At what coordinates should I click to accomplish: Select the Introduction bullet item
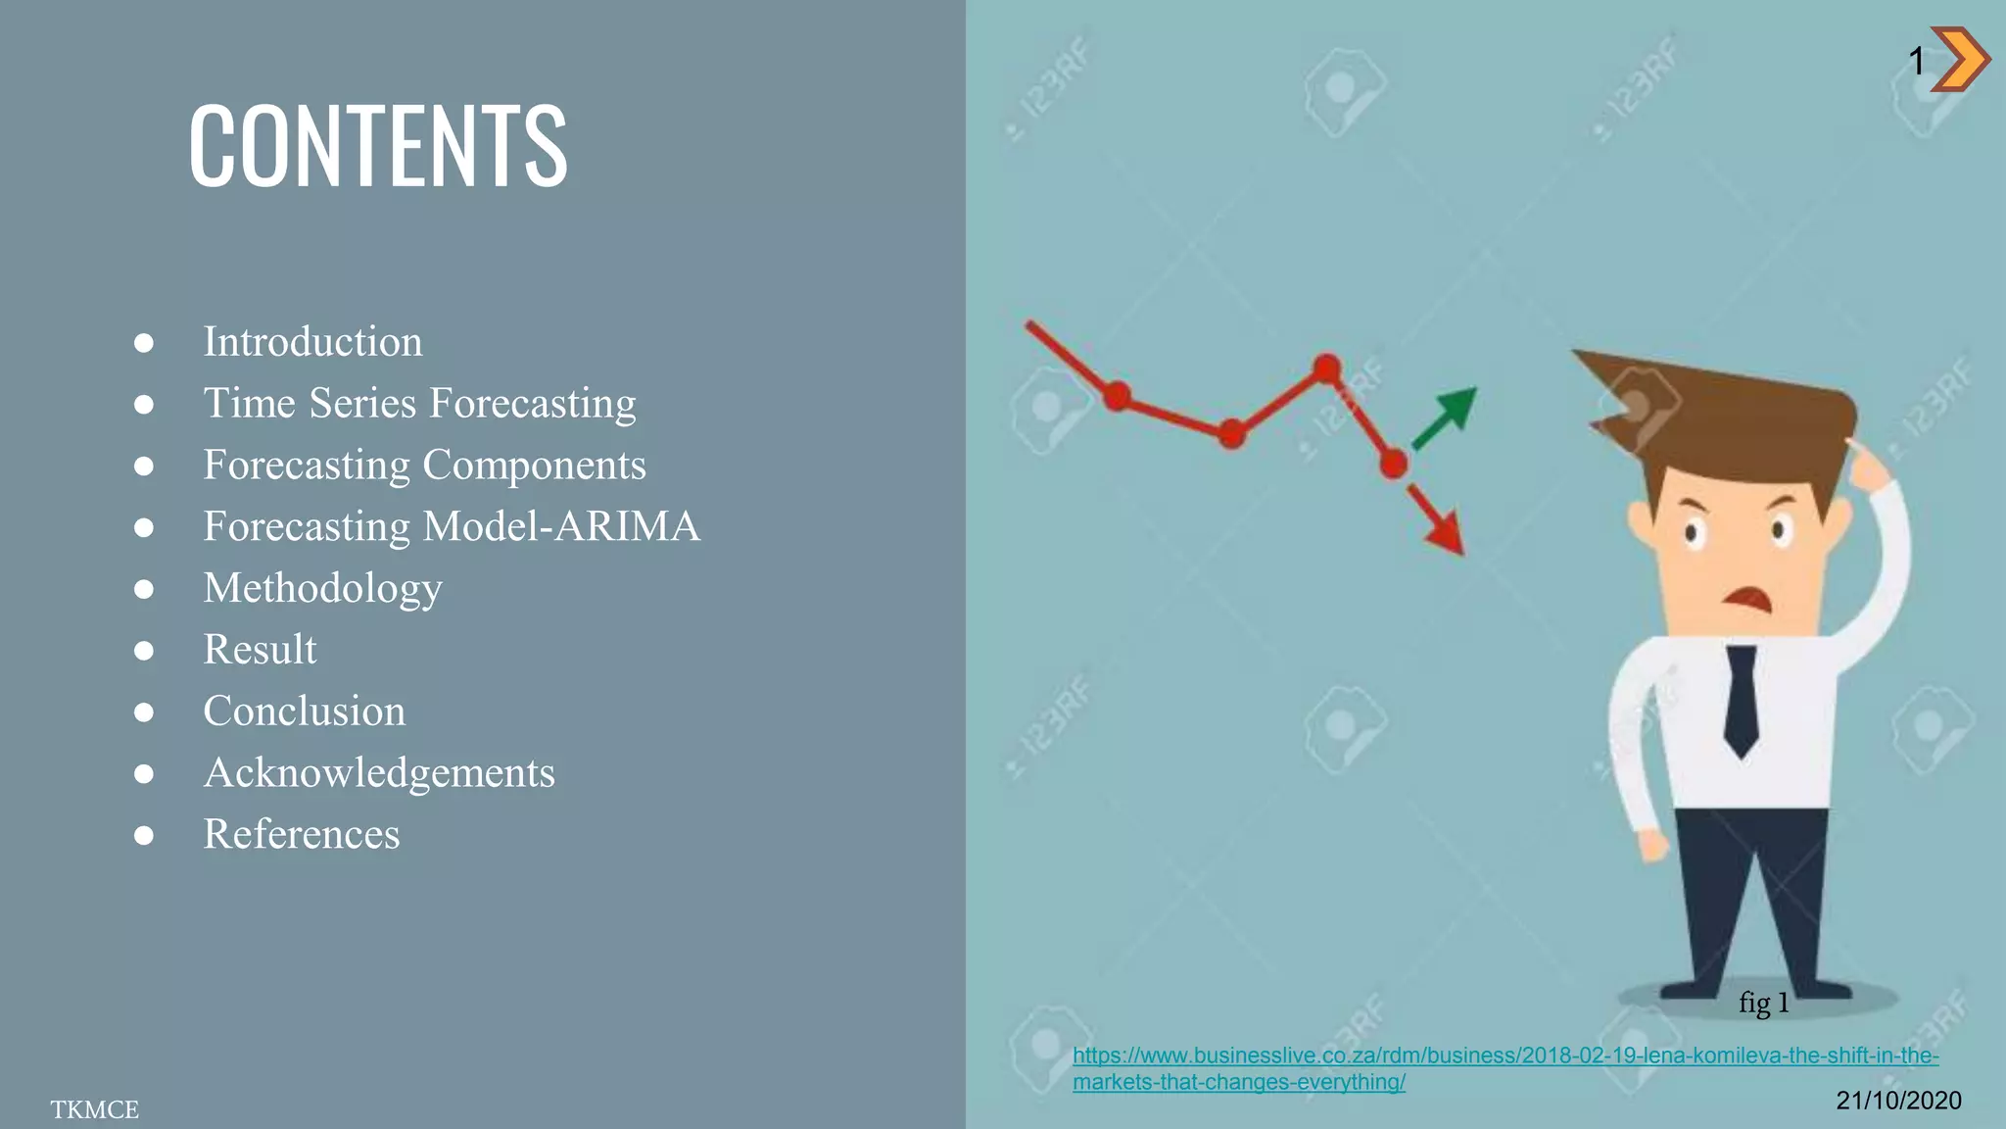(x=312, y=342)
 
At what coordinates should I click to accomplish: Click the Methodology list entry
(x=322, y=588)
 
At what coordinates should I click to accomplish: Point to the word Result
(x=260, y=650)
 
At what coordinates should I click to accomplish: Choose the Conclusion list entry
(x=304, y=712)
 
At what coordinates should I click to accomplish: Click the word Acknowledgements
(x=379, y=773)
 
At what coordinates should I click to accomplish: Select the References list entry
(x=301, y=835)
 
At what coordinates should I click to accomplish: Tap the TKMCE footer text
(x=95, y=1109)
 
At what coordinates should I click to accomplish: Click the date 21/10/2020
(x=1898, y=1101)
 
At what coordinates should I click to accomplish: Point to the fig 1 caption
(x=1764, y=1003)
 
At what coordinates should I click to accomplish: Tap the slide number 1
(x=1917, y=62)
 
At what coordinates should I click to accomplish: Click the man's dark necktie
(x=1741, y=701)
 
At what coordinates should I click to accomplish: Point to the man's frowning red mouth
(x=1747, y=597)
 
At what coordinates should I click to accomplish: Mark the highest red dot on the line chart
(x=1327, y=368)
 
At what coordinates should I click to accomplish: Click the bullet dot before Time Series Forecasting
(x=144, y=404)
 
